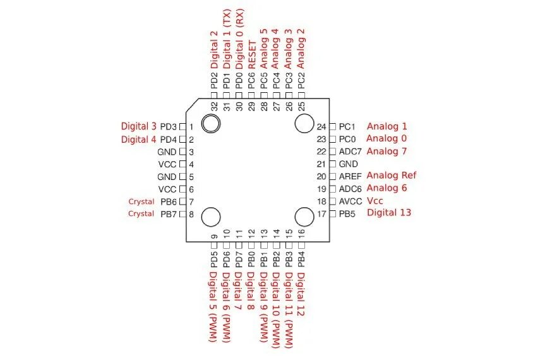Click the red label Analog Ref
click(x=392, y=176)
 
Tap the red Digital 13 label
click(x=389, y=213)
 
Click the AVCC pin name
click(x=351, y=201)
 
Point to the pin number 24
click(x=321, y=127)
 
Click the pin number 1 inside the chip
click(x=191, y=127)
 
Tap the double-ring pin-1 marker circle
click(x=211, y=123)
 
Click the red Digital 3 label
click(x=138, y=126)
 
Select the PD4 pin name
click(x=168, y=140)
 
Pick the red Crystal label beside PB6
click(x=141, y=201)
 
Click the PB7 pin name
click(x=168, y=214)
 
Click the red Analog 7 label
click(x=387, y=152)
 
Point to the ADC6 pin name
click(x=351, y=189)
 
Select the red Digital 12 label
click(x=301, y=294)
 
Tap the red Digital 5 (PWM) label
click(x=213, y=306)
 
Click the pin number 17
click(x=321, y=213)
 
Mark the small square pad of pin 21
click(x=333, y=164)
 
